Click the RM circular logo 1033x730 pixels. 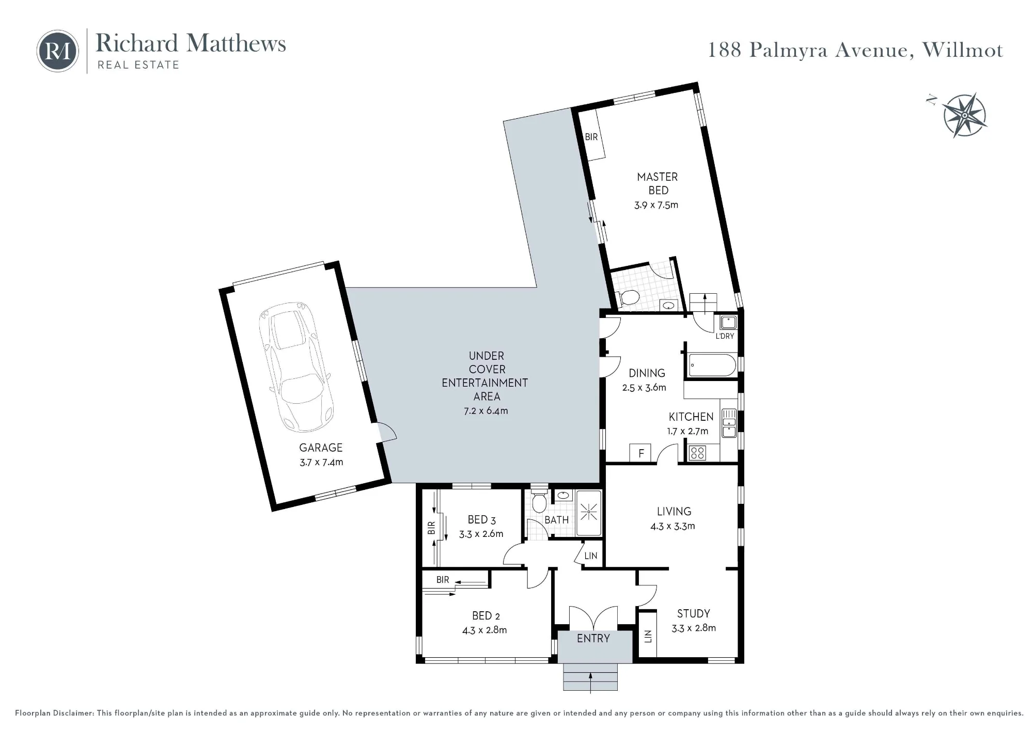(x=58, y=51)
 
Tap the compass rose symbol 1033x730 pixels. (x=964, y=115)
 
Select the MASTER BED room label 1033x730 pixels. (x=658, y=183)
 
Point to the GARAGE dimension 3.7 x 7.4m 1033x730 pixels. (x=321, y=462)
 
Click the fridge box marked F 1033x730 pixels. (x=641, y=453)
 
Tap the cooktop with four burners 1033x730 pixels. (x=697, y=453)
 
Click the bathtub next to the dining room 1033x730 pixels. (x=712, y=365)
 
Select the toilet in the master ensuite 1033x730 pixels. (x=628, y=297)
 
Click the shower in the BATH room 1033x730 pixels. (x=589, y=513)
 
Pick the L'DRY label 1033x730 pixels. (x=725, y=336)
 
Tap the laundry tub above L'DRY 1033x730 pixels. (x=728, y=323)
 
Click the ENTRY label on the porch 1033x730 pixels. (x=593, y=638)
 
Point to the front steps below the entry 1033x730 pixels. (x=590, y=677)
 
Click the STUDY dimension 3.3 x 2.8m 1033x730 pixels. (x=694, y=628)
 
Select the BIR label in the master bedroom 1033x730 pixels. (x=591, y=137)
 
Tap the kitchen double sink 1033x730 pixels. (x=729, y=423)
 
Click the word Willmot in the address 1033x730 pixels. (x=963, y=50)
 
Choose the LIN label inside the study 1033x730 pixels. (x=648, y=637)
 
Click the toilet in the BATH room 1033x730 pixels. (x=539, y=501)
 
